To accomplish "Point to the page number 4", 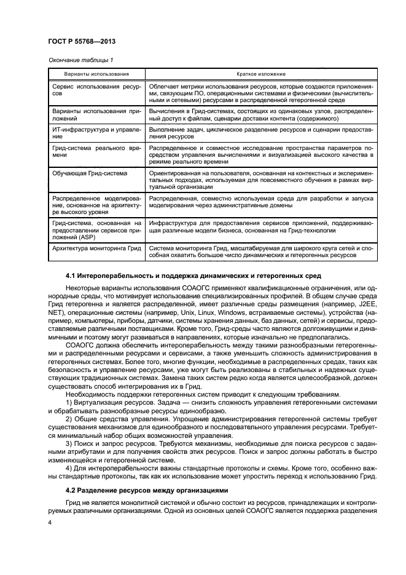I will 49,521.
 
